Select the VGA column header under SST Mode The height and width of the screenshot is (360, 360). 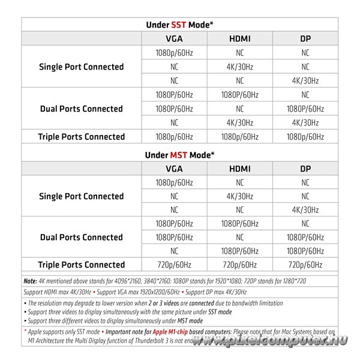click(174, 39)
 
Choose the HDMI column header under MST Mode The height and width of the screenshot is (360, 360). click(239, 169)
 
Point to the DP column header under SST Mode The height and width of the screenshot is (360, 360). click(305, 39)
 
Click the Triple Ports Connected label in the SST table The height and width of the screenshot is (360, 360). click(81, 137)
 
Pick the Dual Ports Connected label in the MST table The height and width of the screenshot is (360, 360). click(81, 238)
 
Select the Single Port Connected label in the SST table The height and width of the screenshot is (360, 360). click(81, 67)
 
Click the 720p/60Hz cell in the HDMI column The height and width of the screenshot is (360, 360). click(239, 265)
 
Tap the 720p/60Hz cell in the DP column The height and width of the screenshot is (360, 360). click(305, 265)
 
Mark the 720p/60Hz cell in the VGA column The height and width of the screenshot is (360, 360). click(174, 265)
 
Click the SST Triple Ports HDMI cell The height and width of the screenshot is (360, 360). click(239, 137)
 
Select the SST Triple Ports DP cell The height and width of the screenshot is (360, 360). click(305, 137)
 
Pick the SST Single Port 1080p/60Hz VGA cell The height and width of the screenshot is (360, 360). click(174, 53)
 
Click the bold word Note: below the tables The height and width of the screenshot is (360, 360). click(30, 280)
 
